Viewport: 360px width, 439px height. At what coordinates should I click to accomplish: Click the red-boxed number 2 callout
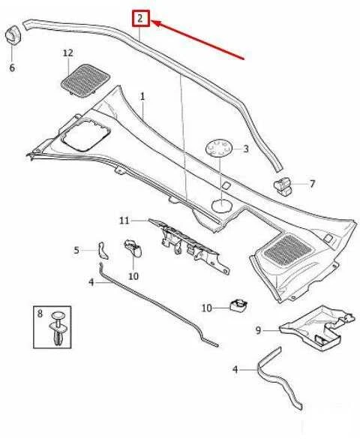(141, 19)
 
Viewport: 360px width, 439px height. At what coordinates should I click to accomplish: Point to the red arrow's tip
(152, 21)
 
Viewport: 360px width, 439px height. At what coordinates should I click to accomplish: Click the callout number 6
(12, 68)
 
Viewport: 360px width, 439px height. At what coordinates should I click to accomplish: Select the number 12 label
(68, 53)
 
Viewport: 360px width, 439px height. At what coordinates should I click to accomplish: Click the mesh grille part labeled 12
(85, 80)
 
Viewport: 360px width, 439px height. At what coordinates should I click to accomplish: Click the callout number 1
(142, 97)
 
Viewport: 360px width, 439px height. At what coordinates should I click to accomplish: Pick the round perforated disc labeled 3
(219, 148)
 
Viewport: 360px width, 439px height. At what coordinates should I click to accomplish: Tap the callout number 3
(245, 149)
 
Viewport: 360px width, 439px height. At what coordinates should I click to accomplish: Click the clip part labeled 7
(283, 187)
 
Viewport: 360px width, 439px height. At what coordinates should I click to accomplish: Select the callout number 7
(312, 184)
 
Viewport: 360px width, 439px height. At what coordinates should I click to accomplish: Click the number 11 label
(124, 221)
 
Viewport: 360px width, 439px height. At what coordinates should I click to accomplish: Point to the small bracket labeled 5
(103, 250)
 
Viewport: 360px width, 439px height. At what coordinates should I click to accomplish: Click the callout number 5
(76, 250)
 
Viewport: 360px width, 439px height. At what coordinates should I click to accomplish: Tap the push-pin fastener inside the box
(58, 327)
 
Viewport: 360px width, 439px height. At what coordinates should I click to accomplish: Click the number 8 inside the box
(40, 313)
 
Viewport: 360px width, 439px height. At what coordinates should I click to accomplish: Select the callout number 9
(258, 330)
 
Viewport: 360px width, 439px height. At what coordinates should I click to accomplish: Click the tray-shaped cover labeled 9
(317, 328)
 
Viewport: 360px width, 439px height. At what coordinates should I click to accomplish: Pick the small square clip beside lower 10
(238, 305)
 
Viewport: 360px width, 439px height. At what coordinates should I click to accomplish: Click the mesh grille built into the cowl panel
(287, 250)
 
